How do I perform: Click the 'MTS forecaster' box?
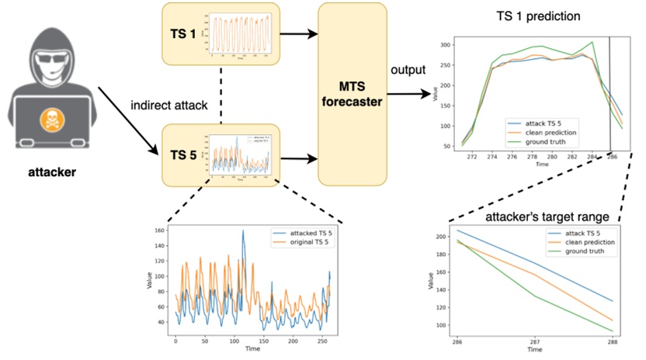[x=353, y=95]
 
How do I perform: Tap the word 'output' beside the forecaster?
[x=406, y=70]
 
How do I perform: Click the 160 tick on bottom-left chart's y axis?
[x=161, y=230]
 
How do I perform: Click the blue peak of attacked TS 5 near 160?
[x=242, y=230]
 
